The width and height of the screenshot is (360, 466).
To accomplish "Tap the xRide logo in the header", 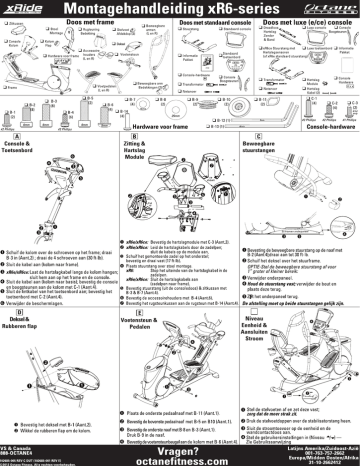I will tap(26, 9).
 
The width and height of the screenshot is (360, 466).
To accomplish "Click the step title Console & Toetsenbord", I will tap(24, 150).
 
